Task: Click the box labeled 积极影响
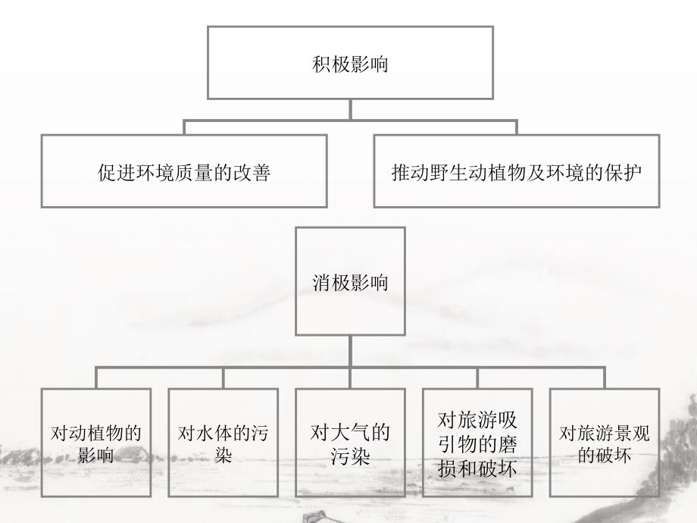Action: click(x=350, y=63)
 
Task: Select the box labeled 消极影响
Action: click(x=350, y=282)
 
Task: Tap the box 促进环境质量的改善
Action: click(x=184, y=171)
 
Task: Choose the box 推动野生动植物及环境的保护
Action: click(x=517, y=171)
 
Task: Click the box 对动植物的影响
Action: click(x=96, y=443)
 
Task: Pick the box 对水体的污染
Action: click(x=223, y=443)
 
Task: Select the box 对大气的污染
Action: click(x=350, y=443)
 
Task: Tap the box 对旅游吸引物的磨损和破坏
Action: click(x=477, y=443)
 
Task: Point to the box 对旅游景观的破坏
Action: click(x=605, y=443)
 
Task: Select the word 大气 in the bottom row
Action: click(x=350, y=434)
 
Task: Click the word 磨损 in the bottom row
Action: click(x=499, y=444)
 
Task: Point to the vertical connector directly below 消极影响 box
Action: click(x=350, y=352)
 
